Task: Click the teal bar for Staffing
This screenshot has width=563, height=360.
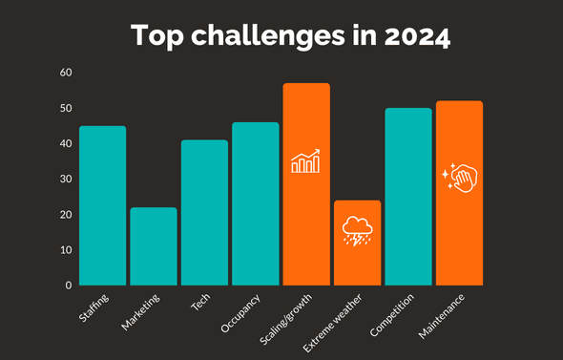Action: [x=102, y=205]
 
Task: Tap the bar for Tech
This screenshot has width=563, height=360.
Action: [x=204, y=212]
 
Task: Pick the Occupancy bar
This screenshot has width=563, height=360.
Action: [x=256, y=203]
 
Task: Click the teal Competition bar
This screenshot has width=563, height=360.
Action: [x=408, y=197]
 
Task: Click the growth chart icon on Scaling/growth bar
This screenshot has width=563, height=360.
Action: [x=305, y=161]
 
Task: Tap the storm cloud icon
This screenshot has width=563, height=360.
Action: [x=357, y=231]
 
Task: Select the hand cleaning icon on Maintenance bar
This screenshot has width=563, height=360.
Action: [x=459, y=177]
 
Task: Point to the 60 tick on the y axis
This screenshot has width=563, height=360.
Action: [x=65, y=73]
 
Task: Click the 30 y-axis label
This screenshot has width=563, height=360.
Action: [x=65, y=179]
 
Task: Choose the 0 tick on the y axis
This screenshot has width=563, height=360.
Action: [x=68, y=285]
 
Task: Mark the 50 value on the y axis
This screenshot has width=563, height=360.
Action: [x=65, y=108]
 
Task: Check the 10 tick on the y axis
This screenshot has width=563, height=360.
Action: [x=65, y=249]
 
